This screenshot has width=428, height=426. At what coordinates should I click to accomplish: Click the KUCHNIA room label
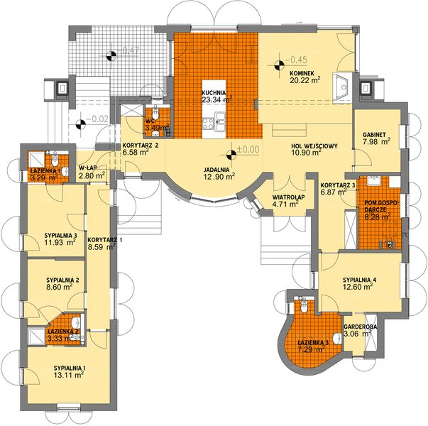coord(214,92)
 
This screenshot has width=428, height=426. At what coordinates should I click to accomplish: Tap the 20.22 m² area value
coord(305,80)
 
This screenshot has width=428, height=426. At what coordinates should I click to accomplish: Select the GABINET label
coord(374,135)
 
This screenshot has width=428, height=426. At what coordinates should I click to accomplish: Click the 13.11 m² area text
coord(69,375)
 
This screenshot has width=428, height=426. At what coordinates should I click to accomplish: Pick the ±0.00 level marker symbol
coord(231,155)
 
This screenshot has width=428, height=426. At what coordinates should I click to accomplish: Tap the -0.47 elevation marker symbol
coord(111,55)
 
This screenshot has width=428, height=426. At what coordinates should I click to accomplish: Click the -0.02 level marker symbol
coord(80,124)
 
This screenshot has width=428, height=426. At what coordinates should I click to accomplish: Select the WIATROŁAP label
coord(289,197)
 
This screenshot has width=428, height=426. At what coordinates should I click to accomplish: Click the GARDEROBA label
coord(361,327)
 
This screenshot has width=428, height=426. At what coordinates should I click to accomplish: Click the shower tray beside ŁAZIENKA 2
coord(36,336)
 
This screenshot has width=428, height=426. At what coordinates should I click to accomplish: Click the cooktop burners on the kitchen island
coord(208,123)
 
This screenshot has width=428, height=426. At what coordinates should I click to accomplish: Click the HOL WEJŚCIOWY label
coord(314,146)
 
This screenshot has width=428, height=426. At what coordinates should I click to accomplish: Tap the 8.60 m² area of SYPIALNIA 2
coord(60,287)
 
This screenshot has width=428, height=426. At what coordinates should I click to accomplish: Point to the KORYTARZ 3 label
coord(338,185)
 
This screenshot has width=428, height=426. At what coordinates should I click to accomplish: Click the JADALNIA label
coord(216,170)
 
